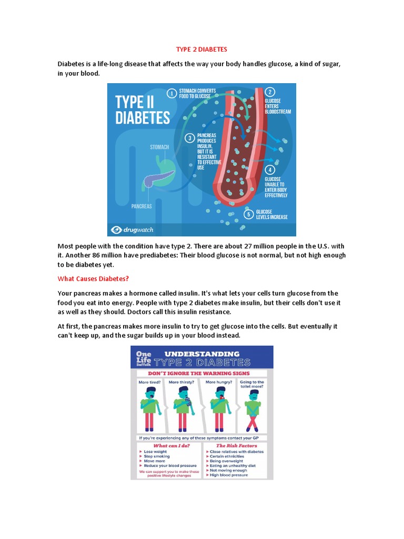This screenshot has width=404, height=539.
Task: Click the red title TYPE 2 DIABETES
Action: coord(201,49)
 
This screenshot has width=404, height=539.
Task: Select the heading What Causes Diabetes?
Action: coord(93,279)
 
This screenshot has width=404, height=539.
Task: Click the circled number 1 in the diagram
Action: coord(171,94)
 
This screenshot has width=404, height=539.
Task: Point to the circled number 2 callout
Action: coord(270,92)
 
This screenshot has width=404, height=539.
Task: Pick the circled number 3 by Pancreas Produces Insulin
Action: coord(190,138)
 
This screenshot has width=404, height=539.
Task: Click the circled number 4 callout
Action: coord(270,169)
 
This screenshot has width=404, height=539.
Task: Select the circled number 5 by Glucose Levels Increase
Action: coord(249,214)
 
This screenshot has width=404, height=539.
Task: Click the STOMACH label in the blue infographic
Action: coord(159,147)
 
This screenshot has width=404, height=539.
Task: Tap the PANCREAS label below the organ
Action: coord(142,206)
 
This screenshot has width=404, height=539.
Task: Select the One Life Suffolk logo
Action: coord(143,358)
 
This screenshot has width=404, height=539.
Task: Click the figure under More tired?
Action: coord(150,408)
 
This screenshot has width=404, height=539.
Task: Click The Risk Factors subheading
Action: coord(235,445)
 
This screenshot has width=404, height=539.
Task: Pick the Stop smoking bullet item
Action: coord(157,456)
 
